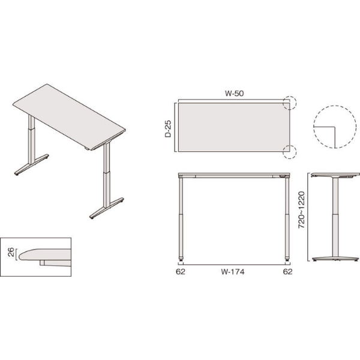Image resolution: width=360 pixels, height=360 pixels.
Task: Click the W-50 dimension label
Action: [x=234, y=94]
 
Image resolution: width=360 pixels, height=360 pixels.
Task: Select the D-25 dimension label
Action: [x=168, y=129]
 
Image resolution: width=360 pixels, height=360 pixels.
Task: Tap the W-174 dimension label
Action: [x=233, y=272]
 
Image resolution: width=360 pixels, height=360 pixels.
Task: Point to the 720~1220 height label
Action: [x=301, y=210]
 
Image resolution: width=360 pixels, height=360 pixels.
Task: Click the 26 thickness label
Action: [x=11, y=253]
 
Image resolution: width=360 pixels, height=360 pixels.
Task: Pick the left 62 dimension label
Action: [x=181, y=272]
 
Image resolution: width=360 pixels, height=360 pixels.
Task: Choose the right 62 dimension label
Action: [x=287, y=272]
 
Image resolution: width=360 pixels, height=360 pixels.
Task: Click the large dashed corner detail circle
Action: [x=313, y=127]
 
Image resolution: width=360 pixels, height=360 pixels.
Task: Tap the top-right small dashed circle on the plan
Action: [x=289, y=96]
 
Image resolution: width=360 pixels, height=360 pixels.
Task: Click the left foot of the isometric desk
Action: [x=31, y=164]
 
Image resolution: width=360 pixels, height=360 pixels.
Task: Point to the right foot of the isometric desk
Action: [x=107, y=208]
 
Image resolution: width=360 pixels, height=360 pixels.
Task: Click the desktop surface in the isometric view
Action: [x=69, y=117]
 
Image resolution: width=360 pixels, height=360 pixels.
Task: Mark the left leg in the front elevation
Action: [x=181, y=218]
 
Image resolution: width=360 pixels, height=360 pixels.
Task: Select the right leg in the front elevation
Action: [x=287, y=218]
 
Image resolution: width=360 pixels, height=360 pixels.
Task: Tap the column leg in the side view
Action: [x=335, y=217]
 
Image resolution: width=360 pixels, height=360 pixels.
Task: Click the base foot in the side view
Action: [x=335, y=259]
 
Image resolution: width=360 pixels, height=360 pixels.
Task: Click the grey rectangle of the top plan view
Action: [x=234, y=127]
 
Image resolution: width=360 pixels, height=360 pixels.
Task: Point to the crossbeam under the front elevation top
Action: [x=234, y=176]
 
